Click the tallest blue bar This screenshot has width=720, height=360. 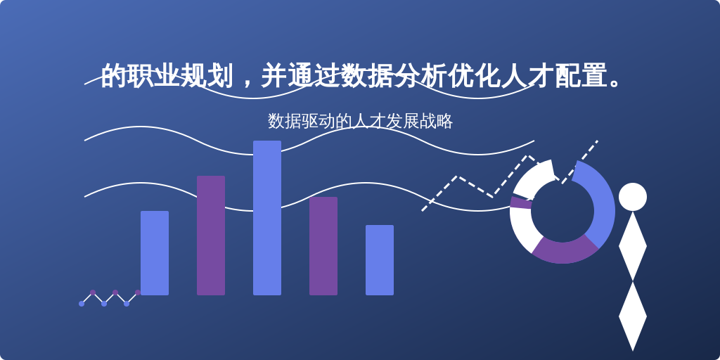[x=267, y=218]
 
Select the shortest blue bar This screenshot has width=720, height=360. [x=380, y=260]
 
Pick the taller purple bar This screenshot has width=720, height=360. [x=211, y=236]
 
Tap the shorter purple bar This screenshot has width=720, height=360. [x=323, y=246]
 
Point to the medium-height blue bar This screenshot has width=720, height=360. [x=155, y=253]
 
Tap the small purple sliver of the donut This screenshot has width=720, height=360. [x=520, y=202]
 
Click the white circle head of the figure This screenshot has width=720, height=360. [x=632, y=197]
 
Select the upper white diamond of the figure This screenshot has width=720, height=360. [x=632, y=246]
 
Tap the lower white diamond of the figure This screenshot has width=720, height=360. [x=632, y=316]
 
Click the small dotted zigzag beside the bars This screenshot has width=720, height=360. [x=109, y=298]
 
